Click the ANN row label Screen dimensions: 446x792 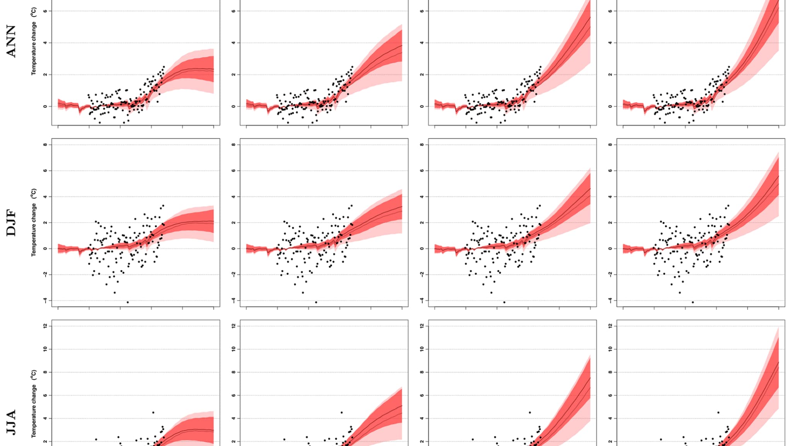coord(11,41)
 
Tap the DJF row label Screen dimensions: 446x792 coord(11,223)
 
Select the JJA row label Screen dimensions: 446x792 coord(11,422)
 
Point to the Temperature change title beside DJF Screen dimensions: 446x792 coord(34,222)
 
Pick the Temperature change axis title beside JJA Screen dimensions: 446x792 coord(34,404)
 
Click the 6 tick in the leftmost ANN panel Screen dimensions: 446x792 coord(45,11)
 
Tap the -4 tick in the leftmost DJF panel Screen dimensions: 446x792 coord(45,300)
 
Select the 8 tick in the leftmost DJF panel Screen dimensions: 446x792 coord(45,145)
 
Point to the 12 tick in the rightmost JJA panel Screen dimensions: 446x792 coord(610,326)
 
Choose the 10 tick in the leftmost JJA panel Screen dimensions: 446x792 coord(45,349)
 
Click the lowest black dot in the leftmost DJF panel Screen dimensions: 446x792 coord(128,302)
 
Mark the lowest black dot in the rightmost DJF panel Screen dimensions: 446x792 coord(693,302)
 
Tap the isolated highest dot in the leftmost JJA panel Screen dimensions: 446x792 coord(153,413)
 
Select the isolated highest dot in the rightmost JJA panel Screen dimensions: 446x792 coord(718,413)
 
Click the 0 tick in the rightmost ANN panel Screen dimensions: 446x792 coord(610,106)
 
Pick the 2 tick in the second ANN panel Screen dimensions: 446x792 coord(234,74)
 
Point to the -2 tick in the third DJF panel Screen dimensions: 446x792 coord(422,274)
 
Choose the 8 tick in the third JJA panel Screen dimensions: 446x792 coord(422,372)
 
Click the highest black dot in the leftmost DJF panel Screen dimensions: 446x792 coord(163,206)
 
